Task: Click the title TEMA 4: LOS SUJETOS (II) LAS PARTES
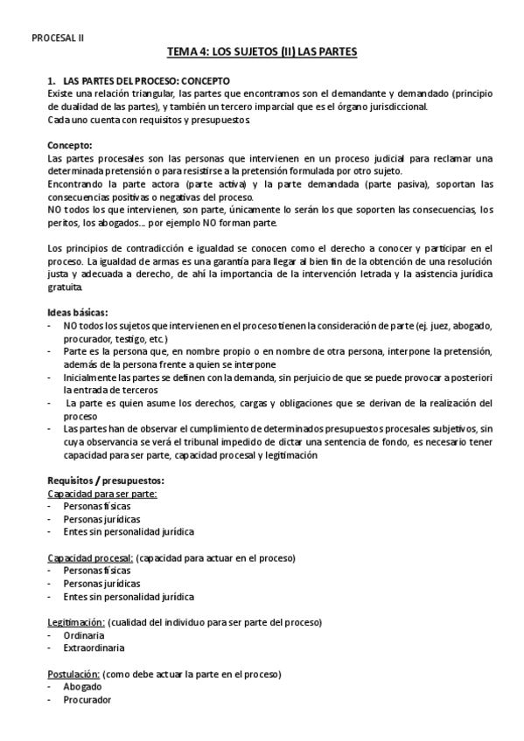262,53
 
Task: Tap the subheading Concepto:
70,145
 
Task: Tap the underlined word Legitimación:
76,622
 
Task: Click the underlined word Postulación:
73,675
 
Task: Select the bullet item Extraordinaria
94,648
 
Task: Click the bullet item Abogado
82,687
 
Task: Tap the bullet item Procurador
87,700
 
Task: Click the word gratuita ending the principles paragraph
66,287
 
